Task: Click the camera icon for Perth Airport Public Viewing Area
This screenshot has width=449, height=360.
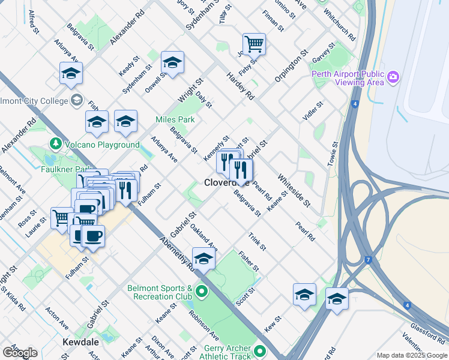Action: pyautogui.click(x=393, y=77)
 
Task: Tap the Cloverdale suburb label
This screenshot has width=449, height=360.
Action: pyautogui.click(x=227, y=182)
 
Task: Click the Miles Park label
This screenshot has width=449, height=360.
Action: pyautogui.click(x=175, y=119)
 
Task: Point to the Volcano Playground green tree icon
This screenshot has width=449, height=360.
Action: pyautogui.click(x=56, y=145)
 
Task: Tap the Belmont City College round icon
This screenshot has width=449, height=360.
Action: pyautogui.click(x=76, y=100)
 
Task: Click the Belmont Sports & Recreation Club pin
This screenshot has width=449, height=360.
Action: pyautogui.click(x=201, y=292)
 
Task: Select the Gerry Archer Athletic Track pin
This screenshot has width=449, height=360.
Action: pyautogui.click(x=260, y=351)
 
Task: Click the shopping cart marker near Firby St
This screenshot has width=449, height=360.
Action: pyautogui.click(x=254, y=43)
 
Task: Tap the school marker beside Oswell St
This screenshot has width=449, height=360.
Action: pyautogui.click(x=172, y=62)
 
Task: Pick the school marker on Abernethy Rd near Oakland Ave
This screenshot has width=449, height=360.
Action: pyautogui.click(x=203, y=258)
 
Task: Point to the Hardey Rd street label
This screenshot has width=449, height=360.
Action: pyautogui.click(x=241, y=86)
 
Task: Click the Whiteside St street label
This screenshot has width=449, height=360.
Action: pyautogui.click(x=294, y=191)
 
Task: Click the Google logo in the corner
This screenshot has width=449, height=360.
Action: pyautogui.click(x=19, y=353)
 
